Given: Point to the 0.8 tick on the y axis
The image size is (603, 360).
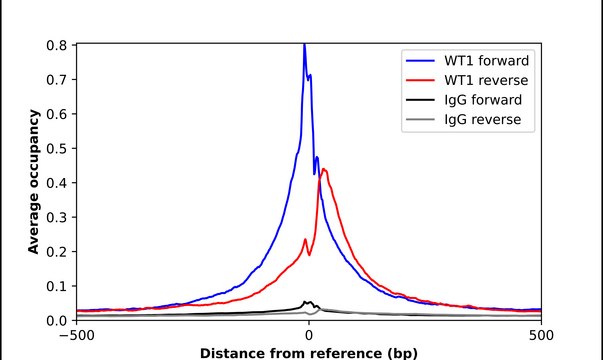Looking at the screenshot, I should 58,45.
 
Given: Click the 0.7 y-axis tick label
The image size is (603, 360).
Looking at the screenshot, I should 58,80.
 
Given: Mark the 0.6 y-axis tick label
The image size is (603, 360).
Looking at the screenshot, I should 58,114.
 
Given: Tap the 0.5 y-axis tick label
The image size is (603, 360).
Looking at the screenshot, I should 58,149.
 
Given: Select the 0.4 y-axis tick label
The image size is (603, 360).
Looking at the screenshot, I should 58,183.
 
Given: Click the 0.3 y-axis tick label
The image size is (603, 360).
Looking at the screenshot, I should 58,218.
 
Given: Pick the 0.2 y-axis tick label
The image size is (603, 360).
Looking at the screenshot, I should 58,252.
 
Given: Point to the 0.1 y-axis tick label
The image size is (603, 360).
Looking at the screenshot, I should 58,287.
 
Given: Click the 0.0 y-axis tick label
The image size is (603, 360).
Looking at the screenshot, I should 58,321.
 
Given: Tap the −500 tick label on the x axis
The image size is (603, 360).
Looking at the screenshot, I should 76,335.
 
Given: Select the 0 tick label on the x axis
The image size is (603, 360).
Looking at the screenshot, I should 308,335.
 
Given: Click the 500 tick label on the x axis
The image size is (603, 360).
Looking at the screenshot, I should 541,335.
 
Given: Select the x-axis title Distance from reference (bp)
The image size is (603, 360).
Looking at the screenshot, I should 308,352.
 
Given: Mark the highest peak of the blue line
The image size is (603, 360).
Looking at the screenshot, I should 304,45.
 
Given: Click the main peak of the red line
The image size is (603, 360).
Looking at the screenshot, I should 324,169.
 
